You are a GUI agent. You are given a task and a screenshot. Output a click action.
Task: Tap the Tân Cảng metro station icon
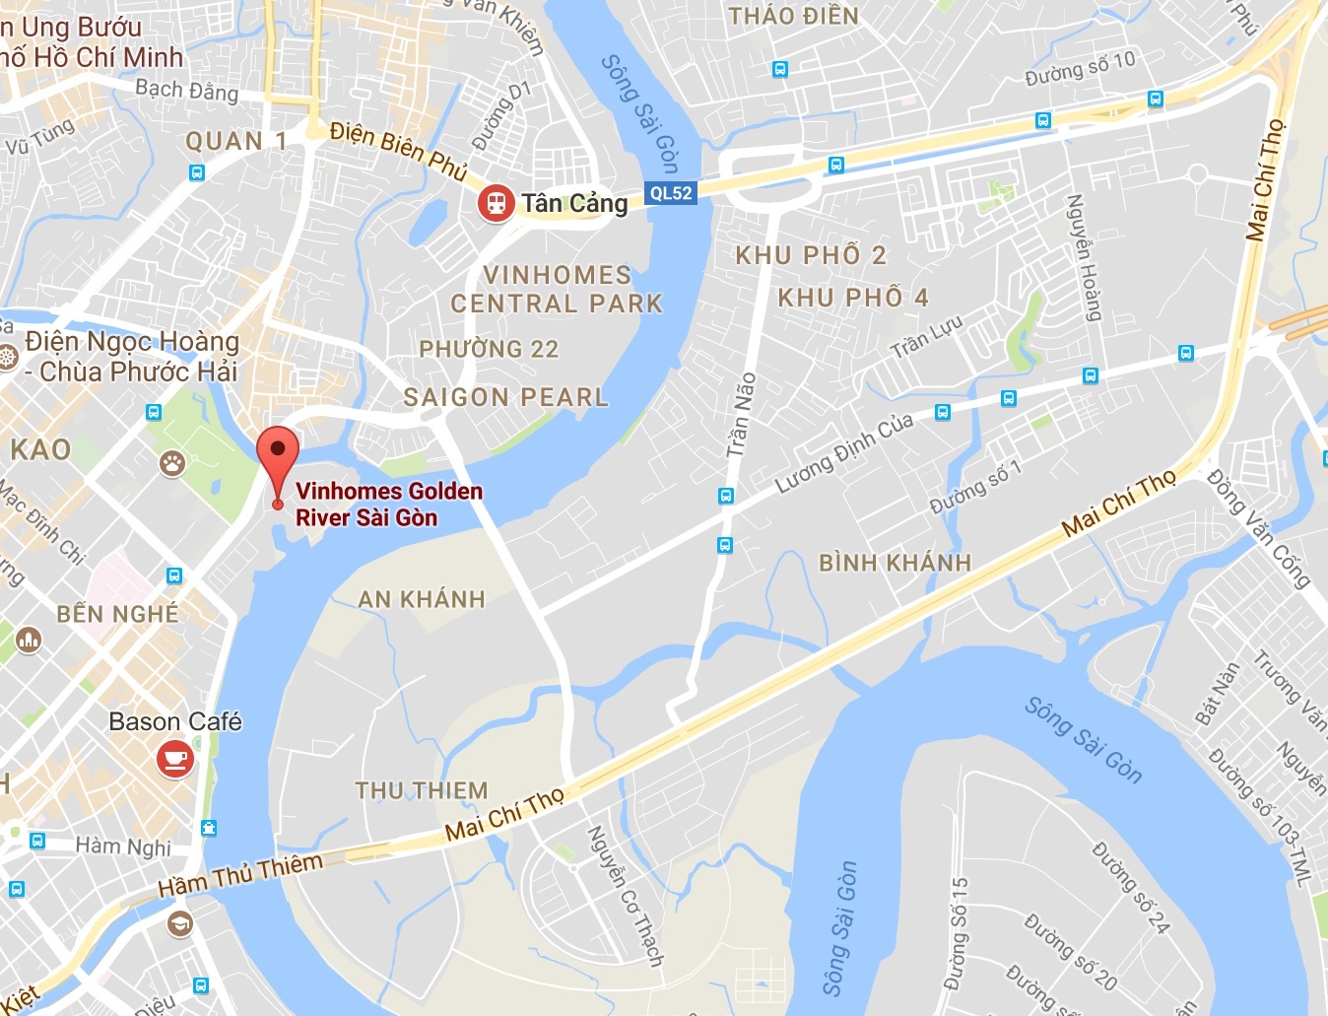496,204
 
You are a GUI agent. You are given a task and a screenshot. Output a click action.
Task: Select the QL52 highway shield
671,193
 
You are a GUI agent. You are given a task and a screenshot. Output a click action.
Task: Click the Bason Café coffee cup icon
175,760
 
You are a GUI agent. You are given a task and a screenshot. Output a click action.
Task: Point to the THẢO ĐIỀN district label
793,16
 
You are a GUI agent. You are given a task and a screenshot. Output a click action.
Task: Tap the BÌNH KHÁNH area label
895,563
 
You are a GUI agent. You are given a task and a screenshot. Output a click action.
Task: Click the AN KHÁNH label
422,599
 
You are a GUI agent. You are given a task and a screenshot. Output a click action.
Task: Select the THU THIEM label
422,790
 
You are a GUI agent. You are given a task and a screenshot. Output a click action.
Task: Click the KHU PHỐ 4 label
852,298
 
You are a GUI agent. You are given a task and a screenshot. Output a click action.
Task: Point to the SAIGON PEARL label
505,397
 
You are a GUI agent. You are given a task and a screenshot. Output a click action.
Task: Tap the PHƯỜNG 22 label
489,349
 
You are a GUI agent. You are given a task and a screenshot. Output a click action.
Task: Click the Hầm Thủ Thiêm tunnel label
240,875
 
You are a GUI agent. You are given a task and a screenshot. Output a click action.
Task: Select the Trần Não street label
741,415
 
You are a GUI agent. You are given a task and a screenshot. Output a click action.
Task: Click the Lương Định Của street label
844,453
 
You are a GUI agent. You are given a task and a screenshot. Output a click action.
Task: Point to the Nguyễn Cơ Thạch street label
626,896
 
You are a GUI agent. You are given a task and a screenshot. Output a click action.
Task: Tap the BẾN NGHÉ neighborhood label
117,614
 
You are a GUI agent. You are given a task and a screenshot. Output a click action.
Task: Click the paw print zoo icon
172,463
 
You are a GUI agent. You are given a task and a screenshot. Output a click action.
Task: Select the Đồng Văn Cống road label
1259,529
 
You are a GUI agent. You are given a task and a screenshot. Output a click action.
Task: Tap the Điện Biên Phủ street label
398,151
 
